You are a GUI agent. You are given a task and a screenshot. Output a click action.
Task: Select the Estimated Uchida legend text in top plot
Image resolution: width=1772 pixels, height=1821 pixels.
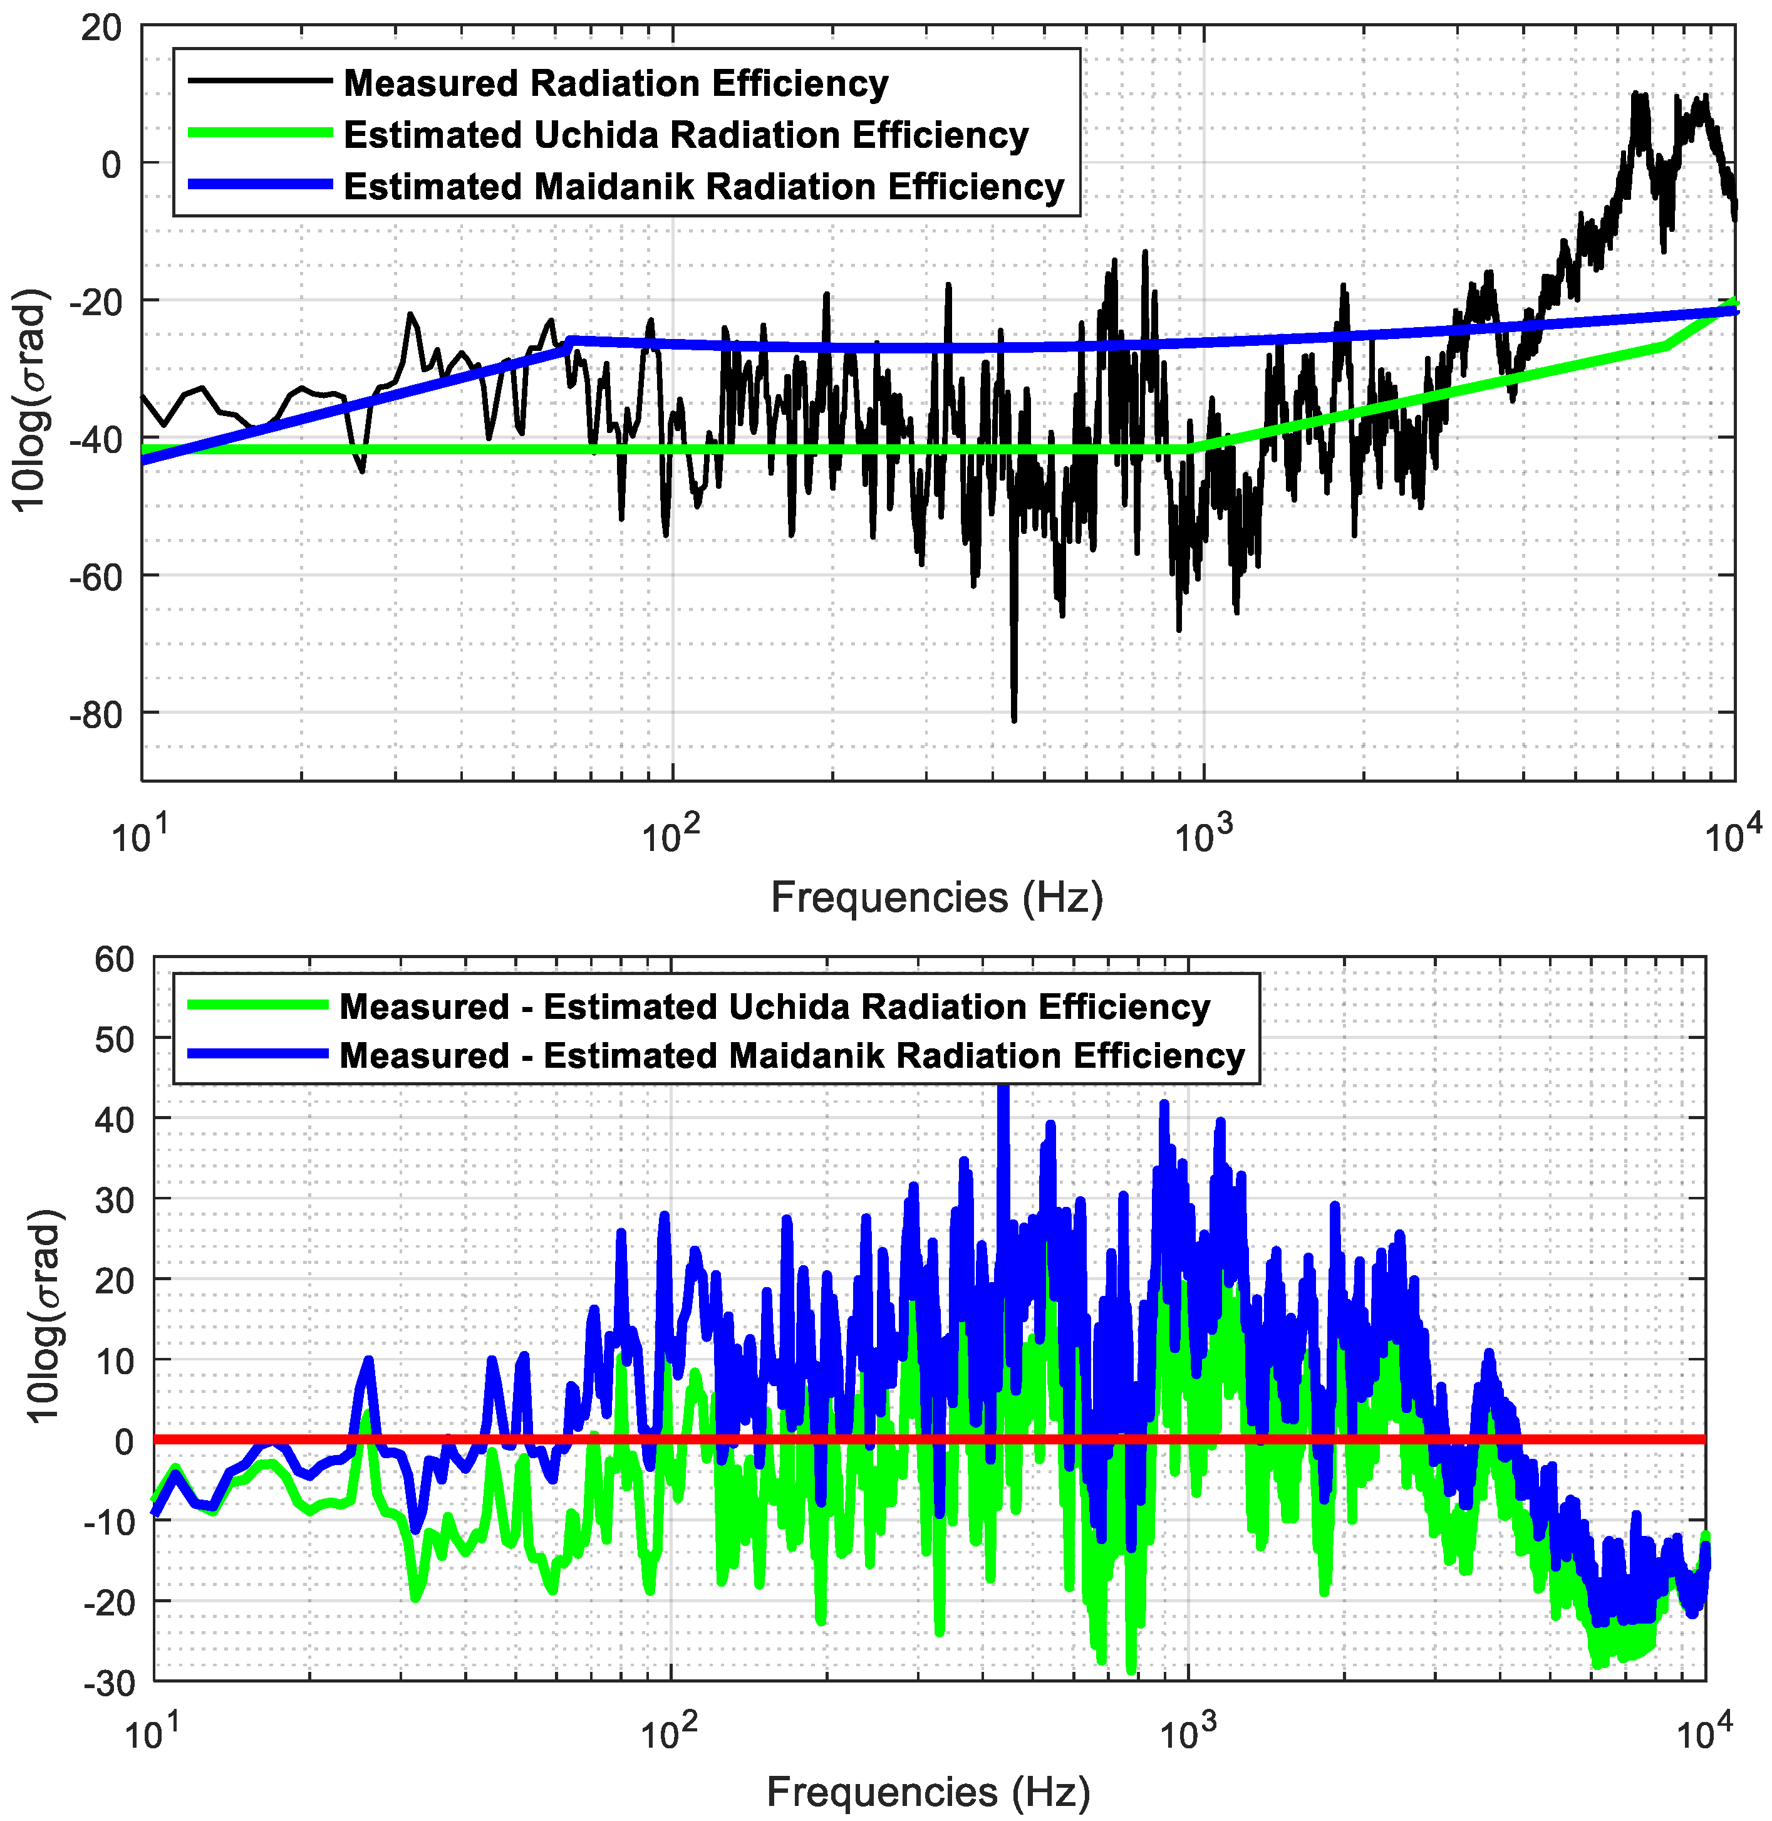coord(686,135)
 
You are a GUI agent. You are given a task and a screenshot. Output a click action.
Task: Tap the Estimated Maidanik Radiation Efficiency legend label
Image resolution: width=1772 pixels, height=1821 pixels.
coord(703,186)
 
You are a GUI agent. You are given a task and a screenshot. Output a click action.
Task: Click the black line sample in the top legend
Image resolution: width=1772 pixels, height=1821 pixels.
coord(260,81)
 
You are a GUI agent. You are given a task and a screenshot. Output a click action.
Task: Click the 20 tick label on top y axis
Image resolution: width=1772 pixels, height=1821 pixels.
coord(100,28)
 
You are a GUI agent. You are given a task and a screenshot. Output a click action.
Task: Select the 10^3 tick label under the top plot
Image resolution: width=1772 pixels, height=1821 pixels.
coord(1203,835)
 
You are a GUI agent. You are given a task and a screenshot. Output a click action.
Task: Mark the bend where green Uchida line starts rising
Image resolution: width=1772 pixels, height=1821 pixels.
coord(1188,450)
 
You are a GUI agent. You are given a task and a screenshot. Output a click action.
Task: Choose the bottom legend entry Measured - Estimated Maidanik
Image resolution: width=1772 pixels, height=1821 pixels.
coord(791,1057)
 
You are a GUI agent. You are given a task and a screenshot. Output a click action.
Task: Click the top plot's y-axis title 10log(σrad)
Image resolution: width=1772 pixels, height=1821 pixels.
coord(33,400)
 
